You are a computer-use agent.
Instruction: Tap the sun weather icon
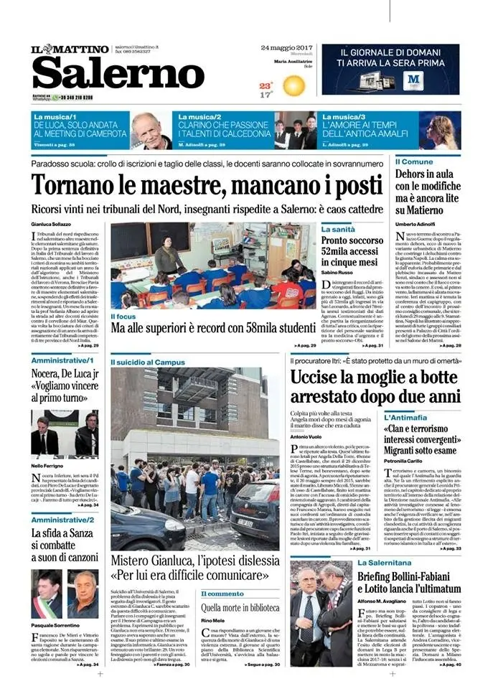point(293,86)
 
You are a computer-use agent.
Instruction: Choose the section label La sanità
point(338,228)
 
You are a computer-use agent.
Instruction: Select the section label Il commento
point(222,594)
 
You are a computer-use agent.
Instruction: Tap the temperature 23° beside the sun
point(266,85)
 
